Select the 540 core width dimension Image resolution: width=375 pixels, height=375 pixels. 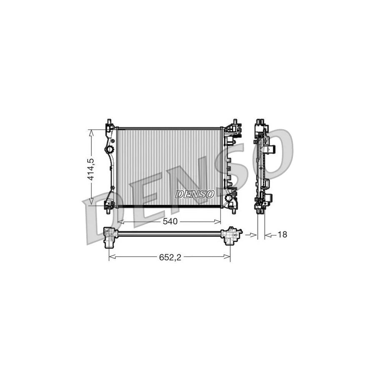(x=170, y=221)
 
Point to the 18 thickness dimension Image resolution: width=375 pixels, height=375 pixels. (x=282, y=235)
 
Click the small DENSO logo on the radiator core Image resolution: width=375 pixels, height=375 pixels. (x=195, y=194)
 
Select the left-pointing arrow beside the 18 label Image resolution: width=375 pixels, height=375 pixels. (x=268, y=235)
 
